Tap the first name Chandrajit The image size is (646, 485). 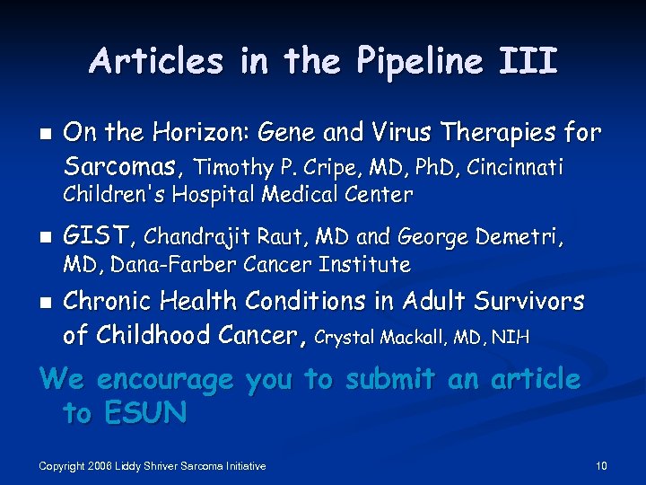pos(196,237)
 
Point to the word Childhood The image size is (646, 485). pos(160,335)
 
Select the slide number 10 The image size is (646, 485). pos(601,465)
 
